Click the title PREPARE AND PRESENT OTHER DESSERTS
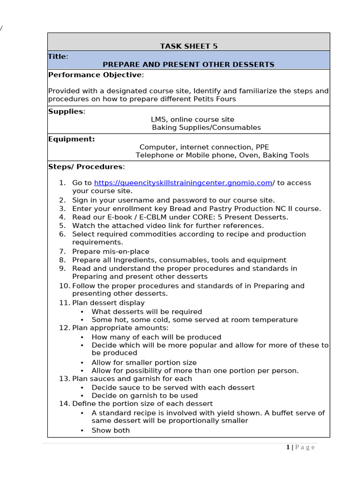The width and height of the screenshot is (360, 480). point(188,64)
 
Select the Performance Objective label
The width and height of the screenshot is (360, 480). point(95,75)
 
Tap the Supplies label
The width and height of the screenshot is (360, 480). point(66,111)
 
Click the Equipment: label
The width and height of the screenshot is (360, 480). point(71,139)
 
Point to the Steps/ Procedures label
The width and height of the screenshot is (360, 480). point(85,167)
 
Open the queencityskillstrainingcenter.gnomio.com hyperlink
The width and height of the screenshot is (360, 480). point(183,183)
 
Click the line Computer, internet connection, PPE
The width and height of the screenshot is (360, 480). point(204,147)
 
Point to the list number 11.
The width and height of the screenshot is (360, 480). point(64,303)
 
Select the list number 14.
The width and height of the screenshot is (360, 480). point(64,404)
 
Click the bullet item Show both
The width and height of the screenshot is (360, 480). point(111,430)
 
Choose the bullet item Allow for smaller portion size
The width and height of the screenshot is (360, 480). point(144,362)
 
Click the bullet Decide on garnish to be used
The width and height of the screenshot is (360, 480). point(144,396)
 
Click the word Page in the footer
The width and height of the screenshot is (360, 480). point(305,447)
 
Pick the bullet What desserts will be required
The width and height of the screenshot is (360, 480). point(147,312)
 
